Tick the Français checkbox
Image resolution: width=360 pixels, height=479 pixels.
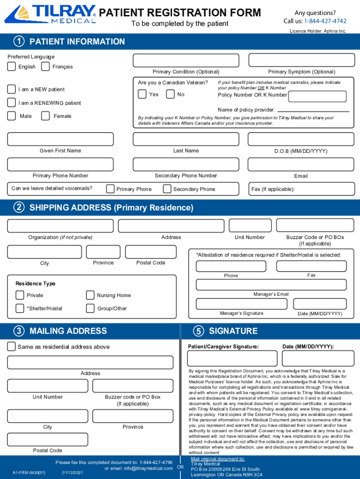point(45,66)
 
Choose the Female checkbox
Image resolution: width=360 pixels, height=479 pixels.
point(45,116)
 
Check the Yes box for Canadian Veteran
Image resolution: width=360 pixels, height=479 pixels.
point(142,94)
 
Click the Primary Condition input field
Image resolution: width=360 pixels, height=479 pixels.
point(186,60)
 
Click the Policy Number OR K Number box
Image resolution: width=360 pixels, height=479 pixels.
point(317,96)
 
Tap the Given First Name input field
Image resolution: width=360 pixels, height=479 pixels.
point(60,139)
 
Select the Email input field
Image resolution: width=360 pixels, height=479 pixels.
point(301,164)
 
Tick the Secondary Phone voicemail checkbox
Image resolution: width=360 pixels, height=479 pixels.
point(167,189)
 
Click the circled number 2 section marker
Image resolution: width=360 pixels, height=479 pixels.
point(19,208)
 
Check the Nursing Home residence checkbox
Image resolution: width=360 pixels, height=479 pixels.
point(90,295)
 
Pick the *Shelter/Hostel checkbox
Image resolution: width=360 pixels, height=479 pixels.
point(20,308)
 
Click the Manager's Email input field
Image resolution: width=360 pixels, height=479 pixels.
point(271,285)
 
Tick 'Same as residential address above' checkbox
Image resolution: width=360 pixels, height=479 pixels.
point(11,347)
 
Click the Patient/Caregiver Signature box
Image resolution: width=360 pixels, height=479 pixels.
point(225,358)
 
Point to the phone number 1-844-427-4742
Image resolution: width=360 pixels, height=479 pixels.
point(325,21)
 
